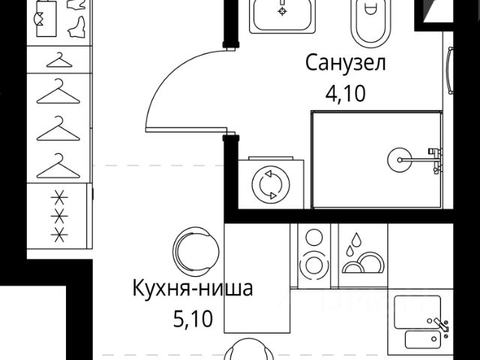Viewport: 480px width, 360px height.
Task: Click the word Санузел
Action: coord(345,63)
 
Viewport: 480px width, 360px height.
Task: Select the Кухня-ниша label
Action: coord(193,288)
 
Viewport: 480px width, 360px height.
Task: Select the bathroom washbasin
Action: coord(282,13)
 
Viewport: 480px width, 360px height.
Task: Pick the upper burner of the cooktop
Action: coord(313,239)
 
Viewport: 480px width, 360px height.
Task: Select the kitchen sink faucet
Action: coord(440,323)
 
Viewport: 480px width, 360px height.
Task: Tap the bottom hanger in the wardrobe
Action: coord(58,166)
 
